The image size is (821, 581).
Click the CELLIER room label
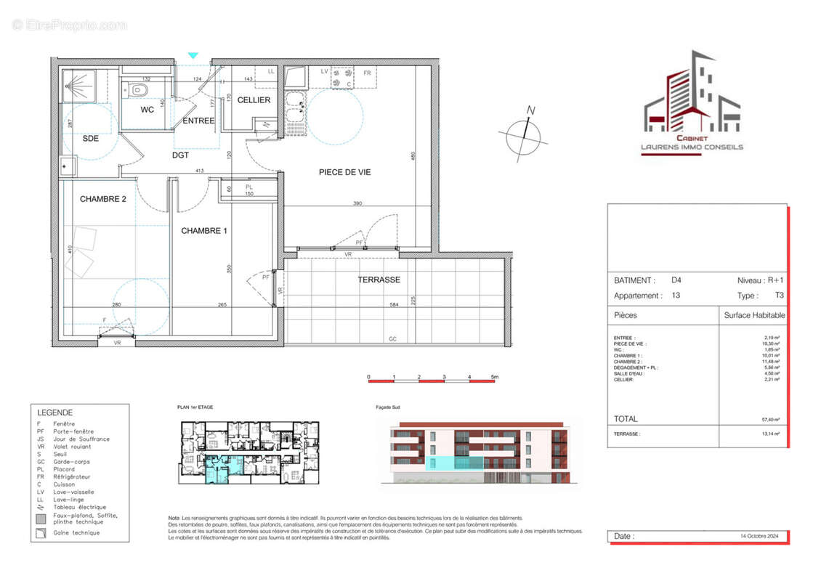pyautogui.click(x=254, y=100)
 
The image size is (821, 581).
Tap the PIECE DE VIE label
pyautogui.click(x=344, y=172)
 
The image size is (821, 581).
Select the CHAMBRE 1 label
pyautogui.click(x=204, y=231)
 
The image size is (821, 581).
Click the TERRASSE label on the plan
pyautogui.click(x=379, y=280)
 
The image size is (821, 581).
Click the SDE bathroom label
pyautogui.click(x=91, y=139)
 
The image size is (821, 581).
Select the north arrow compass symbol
pyautogui.click(x=523, y=135)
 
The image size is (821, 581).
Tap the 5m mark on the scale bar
pyautogui.click(x=495, y=378)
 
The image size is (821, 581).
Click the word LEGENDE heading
pyautogui.click(x=55, y=412)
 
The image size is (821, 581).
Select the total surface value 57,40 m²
pyautogui.click(x=770, y=419)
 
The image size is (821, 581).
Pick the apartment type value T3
pyautogui.click(x=779, y=296)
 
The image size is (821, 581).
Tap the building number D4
pyautogui.click(x=676, y=280)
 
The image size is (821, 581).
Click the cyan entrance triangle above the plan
pyautogui.click(x=193, y=54)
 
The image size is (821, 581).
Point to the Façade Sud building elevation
pyautogui.click(x=480, y=451)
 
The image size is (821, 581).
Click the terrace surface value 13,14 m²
pyautogui.click(x=770, y=434)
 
